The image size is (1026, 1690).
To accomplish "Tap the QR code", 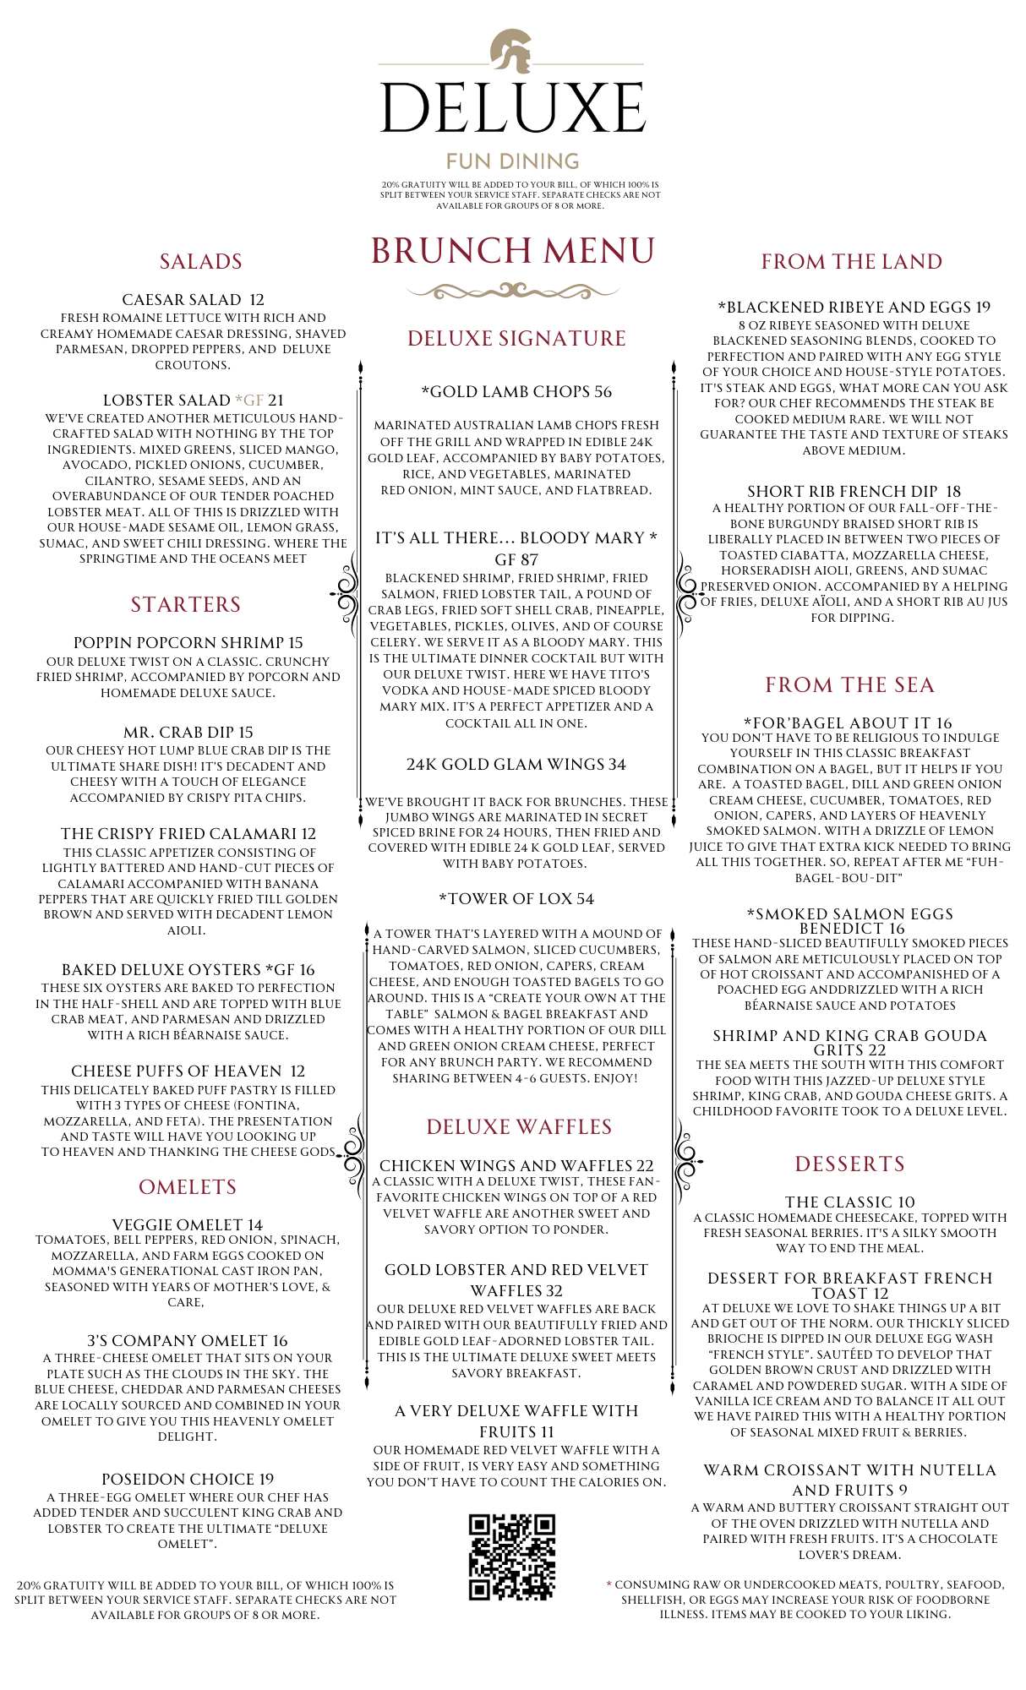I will coord(512,1556).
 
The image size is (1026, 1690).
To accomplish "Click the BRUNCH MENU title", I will coord(513,251).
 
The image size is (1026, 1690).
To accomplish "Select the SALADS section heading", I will coord(201,262).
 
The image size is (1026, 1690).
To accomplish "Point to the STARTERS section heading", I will coord(186,605).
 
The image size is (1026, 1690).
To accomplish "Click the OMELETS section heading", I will coord(188,1187).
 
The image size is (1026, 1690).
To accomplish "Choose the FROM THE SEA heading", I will coord(850,685).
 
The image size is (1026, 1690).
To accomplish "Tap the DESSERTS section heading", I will coord(850,1164).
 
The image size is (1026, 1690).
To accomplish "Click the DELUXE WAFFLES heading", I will coord(519,1127).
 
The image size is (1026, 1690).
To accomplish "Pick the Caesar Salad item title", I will coord(193,300).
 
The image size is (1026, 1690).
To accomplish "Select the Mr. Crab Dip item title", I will coord(188,733).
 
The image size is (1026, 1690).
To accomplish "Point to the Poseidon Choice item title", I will coord(188,1480).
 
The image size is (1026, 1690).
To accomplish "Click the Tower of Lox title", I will coord(516,899).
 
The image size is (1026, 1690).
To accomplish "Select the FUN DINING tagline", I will coord(513,161).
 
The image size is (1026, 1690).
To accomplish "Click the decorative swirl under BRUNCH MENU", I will coord(513,292).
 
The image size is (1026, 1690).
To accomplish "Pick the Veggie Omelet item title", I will coord(188,1225).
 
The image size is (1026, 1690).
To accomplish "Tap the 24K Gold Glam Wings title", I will coord(516,765).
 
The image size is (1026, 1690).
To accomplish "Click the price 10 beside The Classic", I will coord(906,1202).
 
